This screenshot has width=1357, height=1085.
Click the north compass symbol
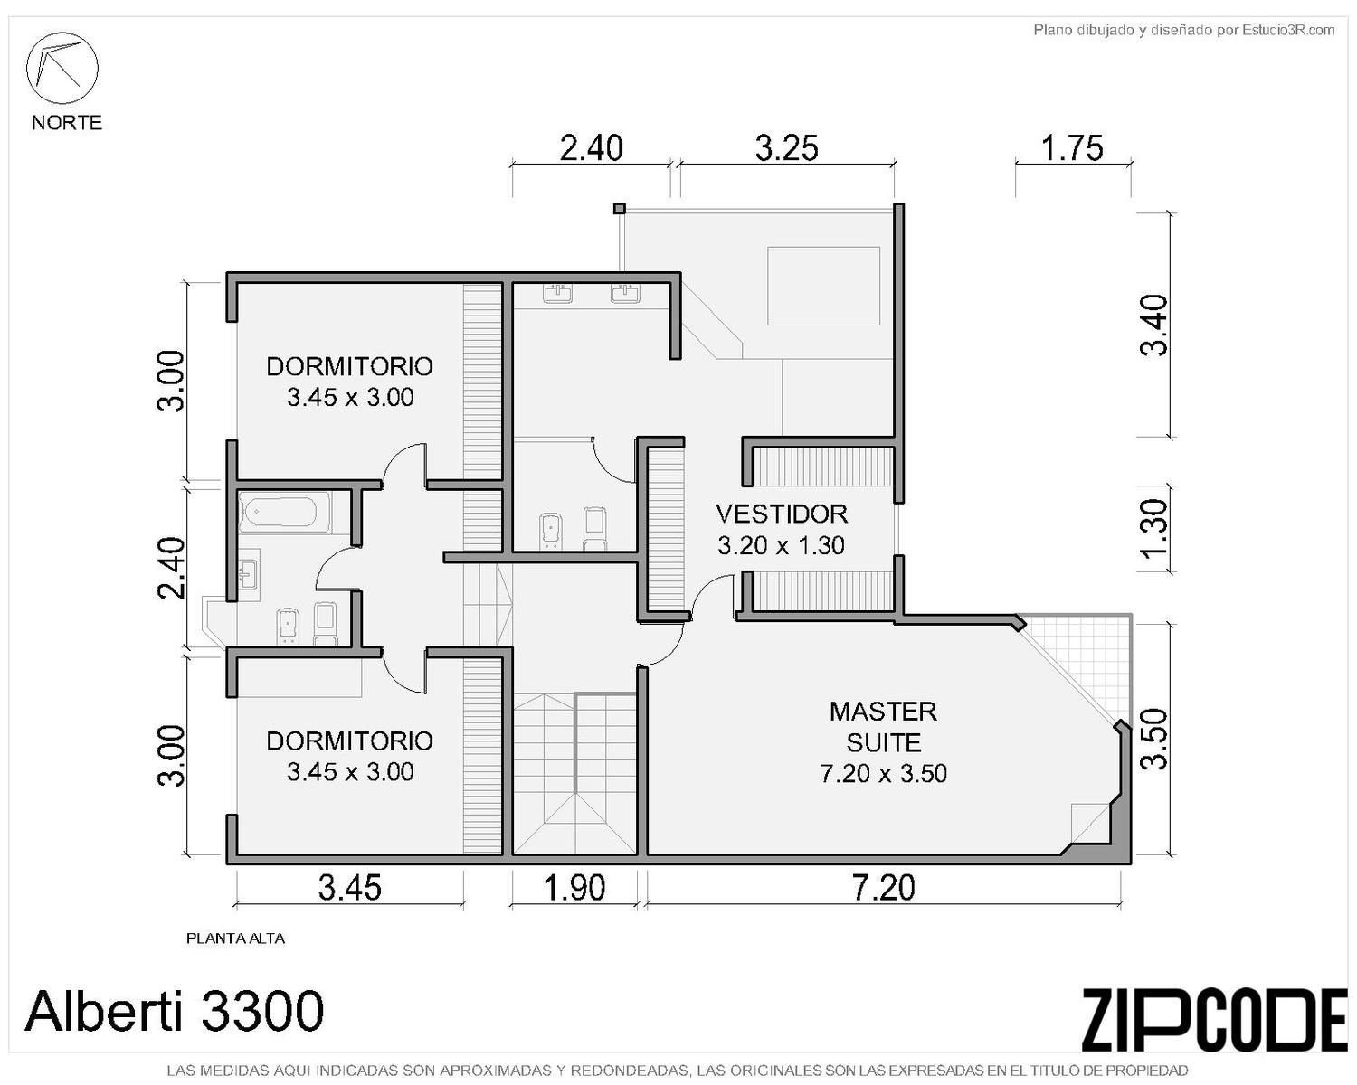(x=62, y=68)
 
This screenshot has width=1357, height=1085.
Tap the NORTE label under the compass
(x=67, y=122)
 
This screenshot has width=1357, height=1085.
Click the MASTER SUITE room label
(x=883, y=727)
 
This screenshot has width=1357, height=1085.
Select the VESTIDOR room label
(x=782, y=514)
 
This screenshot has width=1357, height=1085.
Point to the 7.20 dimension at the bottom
(x=883, y=888)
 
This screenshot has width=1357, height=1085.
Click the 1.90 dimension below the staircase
(x=574, y=888)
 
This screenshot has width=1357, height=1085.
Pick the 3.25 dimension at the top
(x=786, y=149)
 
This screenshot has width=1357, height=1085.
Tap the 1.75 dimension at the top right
(x=1072, y=149)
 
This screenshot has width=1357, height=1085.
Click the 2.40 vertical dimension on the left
(x=171, y=568)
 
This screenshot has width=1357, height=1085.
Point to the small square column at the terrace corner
(x=620, y=208)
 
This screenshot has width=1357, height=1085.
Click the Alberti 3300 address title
(x=174, y=1011)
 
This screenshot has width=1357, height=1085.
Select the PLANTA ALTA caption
(x=235, y=939)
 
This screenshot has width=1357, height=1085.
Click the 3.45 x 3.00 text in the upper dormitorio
(x=350, y=397)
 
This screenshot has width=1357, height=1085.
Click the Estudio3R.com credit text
(x=1183, y=30)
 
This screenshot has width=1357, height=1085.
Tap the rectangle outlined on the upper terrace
(x=823, y=286)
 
